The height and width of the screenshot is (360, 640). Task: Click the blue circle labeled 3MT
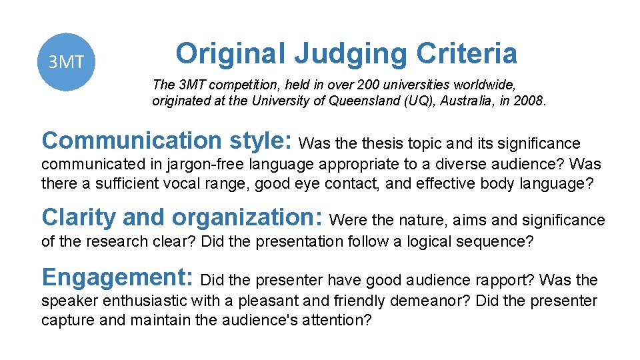[65, 62]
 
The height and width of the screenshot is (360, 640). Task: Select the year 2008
[529, 101]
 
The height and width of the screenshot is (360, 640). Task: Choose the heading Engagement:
[117, 277]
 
